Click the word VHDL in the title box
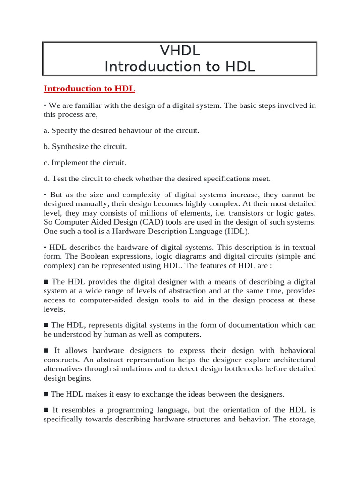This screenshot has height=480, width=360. [180, 50]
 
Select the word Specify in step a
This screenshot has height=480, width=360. [65, 130]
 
